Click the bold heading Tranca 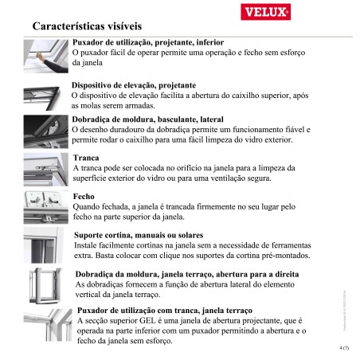pos(85,158)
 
